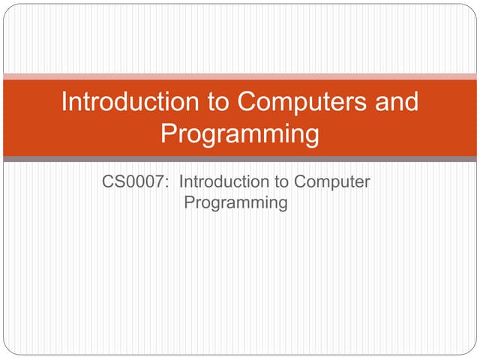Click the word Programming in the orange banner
click(240, 134)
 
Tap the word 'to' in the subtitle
click(280, 181)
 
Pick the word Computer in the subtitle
click(332, 181)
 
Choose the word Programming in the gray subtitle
click(235, 202)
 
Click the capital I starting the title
click(64, 102)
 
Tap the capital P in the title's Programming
click(169, 134)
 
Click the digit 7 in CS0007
click(161, 181)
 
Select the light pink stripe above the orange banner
click(240, 76)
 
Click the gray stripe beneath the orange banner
click(240, 159)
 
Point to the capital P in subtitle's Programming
click(189, 202)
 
